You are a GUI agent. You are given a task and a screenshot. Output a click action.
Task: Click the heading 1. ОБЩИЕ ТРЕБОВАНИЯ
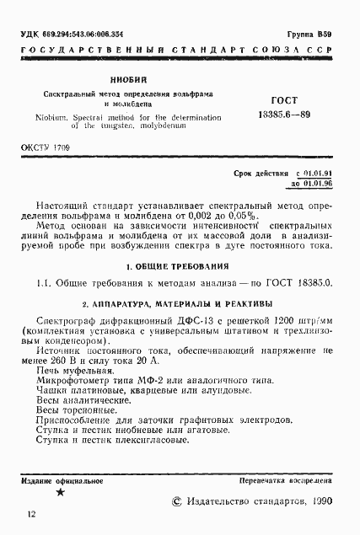click(180, 266)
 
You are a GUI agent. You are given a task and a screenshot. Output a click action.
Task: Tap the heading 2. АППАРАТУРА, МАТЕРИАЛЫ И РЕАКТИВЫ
click(180, 302)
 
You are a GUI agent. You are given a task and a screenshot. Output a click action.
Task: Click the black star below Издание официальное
click(60, 495)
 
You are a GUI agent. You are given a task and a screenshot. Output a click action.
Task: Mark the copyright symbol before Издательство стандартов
click(176, 500)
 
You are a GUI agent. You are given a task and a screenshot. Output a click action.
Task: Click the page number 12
click(31, 514)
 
